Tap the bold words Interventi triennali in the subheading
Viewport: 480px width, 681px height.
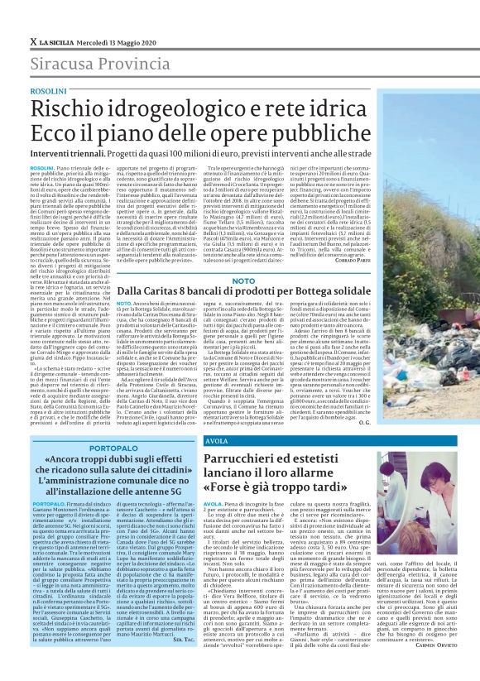coord(67,155)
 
